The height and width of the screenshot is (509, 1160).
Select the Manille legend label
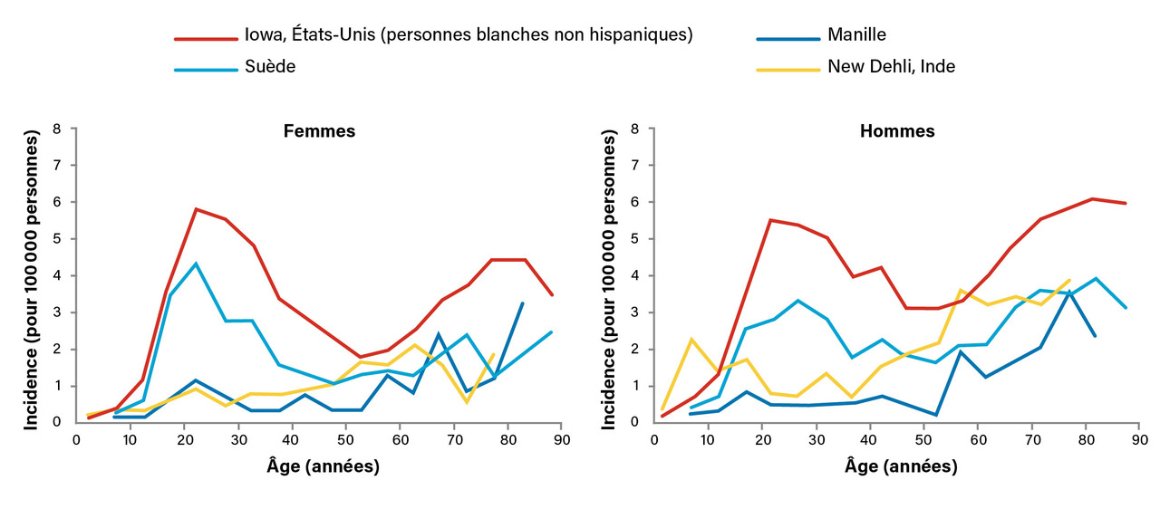(x=856, y=35)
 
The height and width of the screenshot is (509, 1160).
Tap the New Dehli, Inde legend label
(x=891, y=66)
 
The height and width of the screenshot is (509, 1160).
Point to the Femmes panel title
(x=319, y=131)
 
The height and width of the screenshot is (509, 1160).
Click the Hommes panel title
(x=897, y=131)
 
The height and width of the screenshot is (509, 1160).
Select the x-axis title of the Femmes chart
(x=320, y=467)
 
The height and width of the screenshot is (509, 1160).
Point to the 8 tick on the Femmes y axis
(x=58, y=130)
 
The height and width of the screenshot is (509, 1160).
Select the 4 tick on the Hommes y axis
(x=634, y=276)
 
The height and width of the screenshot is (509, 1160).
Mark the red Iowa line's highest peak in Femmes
(x=196, y=209)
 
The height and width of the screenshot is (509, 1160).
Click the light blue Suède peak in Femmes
(x=196, y=264)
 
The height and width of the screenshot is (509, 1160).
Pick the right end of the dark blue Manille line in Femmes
(x=523, y=303)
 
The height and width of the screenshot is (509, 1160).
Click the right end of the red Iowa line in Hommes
(x=1126, y=203)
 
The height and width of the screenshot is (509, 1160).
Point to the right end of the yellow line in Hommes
(x=1070, y=280)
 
